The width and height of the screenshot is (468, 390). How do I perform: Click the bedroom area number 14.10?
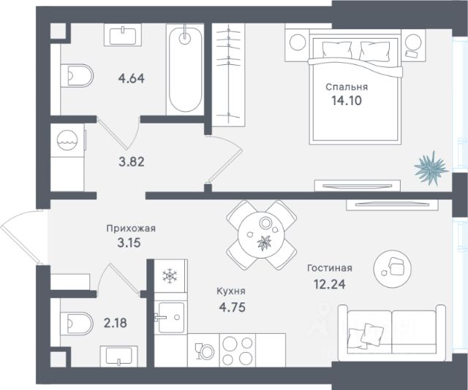click(x=347, y=101)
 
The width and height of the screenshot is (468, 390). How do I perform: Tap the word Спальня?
click(x=347, y=87)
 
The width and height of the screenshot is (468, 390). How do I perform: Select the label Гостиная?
click(x=330, y=268)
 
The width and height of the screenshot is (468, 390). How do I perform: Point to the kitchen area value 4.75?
click(x=233, y=307)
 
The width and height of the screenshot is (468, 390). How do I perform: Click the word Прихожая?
click(x=131, y=229)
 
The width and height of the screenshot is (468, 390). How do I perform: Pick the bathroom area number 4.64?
click(x=132, y=79)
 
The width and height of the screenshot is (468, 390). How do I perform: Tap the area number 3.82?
click(x=132, y=162)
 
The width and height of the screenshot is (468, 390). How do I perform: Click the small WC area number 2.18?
click(x=116, y=323)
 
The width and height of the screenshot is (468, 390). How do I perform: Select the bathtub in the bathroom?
click(x=185, y=70)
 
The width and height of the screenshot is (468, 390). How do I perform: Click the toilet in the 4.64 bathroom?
click(x=77, y=76)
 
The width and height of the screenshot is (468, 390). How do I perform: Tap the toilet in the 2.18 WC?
click(x=77, y=324)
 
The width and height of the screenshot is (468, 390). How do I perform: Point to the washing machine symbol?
click(x=67, y=139)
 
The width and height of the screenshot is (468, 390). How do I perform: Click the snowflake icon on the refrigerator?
click(x=170, y=276)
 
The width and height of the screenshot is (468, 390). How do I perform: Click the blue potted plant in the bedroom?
click(x=431, y=169)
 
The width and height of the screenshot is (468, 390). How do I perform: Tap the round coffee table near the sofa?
click(x=393, y=269)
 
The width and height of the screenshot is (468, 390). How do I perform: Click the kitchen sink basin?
click(x=171, y=318)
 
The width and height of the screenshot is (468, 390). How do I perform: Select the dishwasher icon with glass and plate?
click(x=204, y=351)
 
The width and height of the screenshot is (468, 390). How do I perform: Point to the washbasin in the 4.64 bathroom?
click(x=123, y=36)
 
